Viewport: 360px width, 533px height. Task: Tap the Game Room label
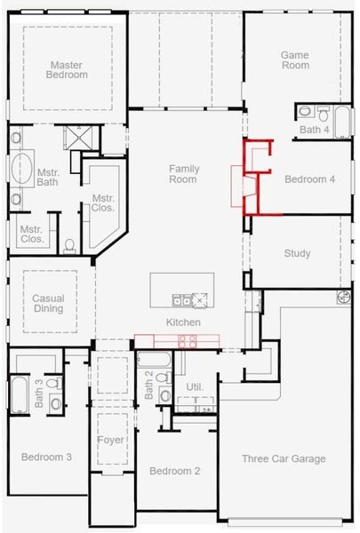(295, 60)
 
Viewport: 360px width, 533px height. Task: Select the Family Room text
(183, 174)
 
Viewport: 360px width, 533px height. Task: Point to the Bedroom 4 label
(309, 179)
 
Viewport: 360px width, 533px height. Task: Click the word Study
(297, 254)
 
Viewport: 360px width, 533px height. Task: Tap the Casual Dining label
(47, 304)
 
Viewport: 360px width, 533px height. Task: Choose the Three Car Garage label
(284, 459)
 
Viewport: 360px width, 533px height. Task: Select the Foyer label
(109, 438)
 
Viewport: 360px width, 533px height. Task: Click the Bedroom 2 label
(174, 470)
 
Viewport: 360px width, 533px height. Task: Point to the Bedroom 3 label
(46, 457)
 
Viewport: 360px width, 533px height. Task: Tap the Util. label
(194, 387)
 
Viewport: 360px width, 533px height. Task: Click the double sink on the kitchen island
(182, 299)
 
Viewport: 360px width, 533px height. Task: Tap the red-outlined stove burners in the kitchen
(188, 339)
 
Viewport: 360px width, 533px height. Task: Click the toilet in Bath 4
(304, 113)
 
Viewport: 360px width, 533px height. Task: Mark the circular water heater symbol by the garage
(343, 299)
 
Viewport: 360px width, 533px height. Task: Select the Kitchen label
(183, 322)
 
